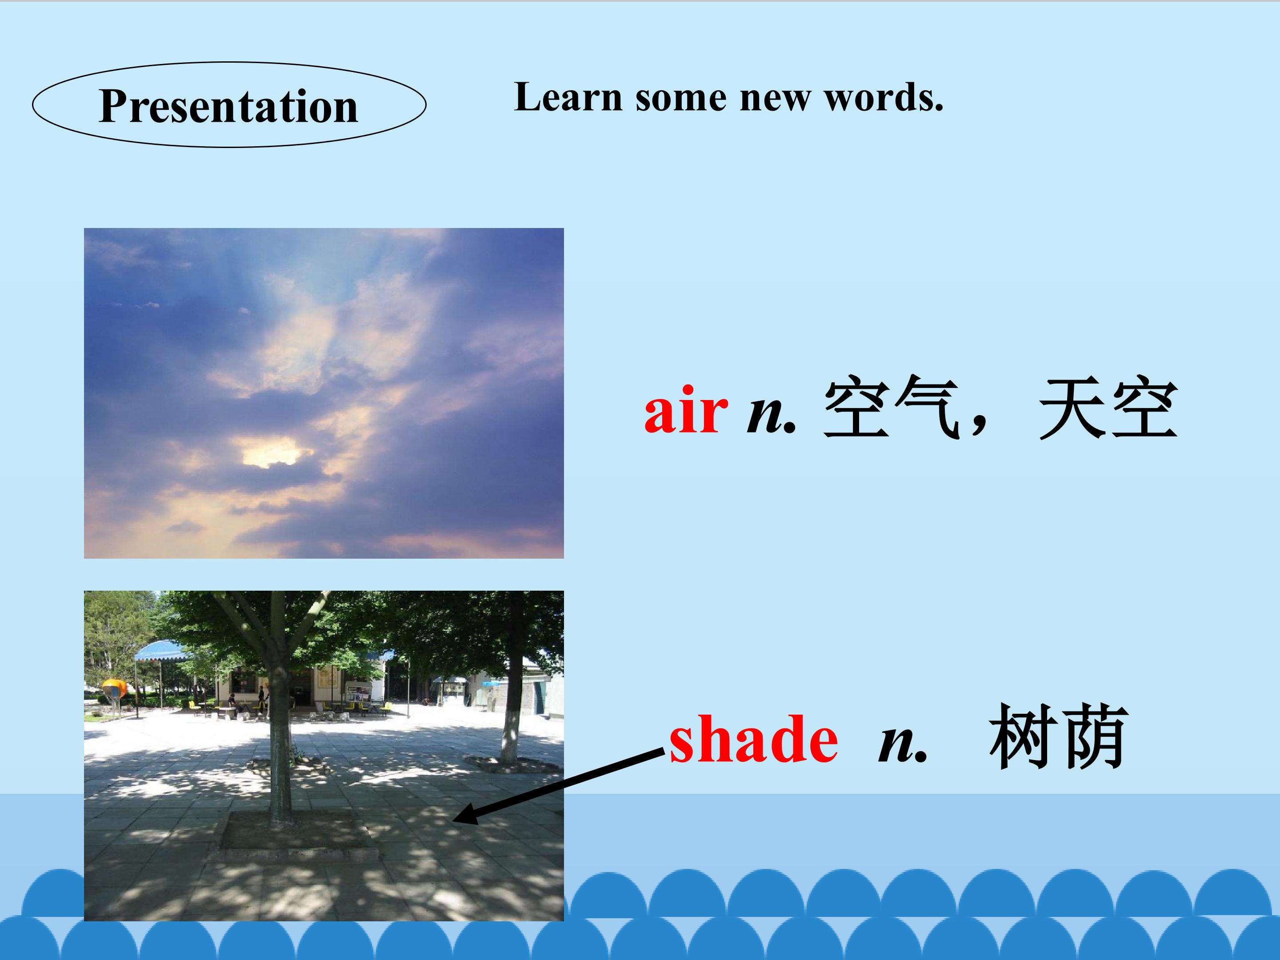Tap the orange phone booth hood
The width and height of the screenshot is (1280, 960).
coord(113,688)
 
